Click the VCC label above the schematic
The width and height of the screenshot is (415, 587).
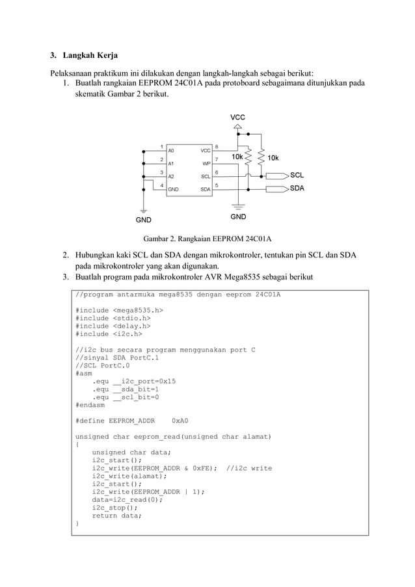coord(238,117)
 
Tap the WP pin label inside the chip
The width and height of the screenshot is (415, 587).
coord(206,163)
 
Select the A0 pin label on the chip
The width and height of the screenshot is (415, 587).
coord(171,150)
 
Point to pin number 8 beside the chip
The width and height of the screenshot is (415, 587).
coord(217,146)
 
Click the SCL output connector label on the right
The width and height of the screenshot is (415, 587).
coord(297,176)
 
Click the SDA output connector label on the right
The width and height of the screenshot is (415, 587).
coord(297,189)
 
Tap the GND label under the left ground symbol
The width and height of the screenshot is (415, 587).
coord(144,220)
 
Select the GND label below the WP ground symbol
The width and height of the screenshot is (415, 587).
coord(239,216)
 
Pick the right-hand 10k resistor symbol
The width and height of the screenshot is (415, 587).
coord(261,157)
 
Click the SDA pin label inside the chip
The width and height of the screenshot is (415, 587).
coord(205,189)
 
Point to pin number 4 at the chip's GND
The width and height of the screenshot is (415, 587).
coord(161,185)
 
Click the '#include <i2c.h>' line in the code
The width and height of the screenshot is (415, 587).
coord(109,334)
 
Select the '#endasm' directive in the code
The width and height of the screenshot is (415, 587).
coord(90,405)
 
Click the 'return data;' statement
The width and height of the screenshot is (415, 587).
coord(117,515)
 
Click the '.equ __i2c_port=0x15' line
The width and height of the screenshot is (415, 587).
coord(135,381)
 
